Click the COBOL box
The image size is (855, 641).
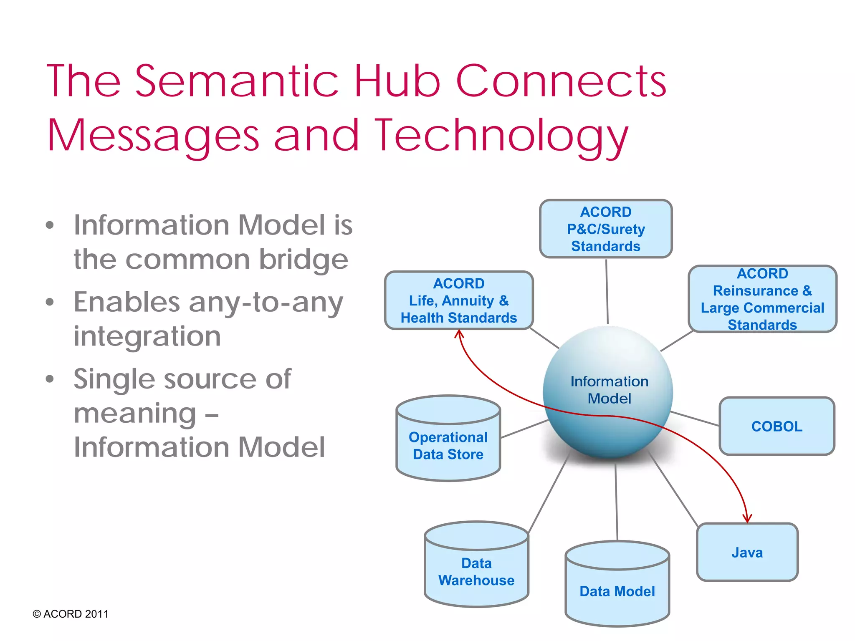pos(777,426)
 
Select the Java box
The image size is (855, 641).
pos(747,552)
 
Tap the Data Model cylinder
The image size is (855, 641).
pos(617,591)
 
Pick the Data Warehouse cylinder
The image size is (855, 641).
pos(476,571)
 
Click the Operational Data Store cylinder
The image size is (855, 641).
pos(448,445)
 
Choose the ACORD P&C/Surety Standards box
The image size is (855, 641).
pos(605,229)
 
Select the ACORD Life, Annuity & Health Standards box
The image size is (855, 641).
pos(458,300)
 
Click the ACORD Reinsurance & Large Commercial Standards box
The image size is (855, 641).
pos(762,299)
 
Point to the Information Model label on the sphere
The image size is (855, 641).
pos(609,390)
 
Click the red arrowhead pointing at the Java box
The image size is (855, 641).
pos(747,519)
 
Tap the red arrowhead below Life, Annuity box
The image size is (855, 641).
pos(459,333)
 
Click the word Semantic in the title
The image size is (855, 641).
pos(236,81)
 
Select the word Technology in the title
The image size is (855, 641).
pos(501,136)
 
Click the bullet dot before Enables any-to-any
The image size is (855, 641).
pos(50,302)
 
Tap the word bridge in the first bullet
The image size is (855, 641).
pos(304,260)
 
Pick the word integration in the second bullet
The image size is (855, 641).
pos(147,336)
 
